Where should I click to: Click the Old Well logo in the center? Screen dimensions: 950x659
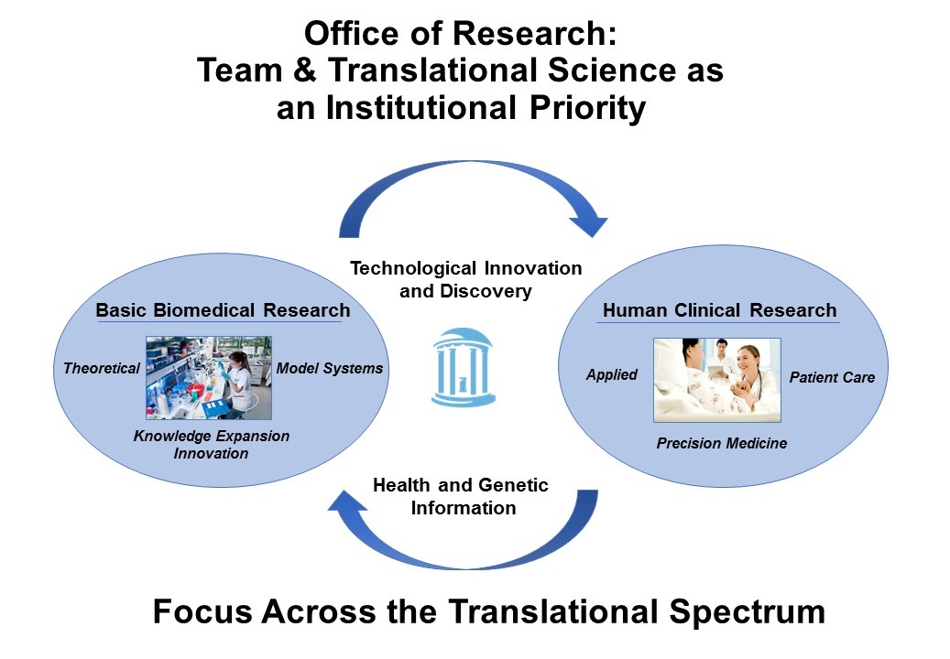click(464, 367)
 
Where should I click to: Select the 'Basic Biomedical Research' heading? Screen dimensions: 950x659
click(223, 310)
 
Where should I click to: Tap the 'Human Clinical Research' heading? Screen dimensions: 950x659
click(720, 310)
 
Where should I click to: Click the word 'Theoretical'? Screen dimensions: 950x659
click(102, 368)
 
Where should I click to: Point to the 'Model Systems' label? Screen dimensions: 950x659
click(330, 368)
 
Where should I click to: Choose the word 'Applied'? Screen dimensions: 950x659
click(612, 375)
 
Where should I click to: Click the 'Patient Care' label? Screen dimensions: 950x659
click(832, 377)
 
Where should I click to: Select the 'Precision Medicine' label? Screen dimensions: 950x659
click(722, 443)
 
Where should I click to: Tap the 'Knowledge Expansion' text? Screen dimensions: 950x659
click(212, 436)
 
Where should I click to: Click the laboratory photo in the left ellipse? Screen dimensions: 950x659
click(209, 378)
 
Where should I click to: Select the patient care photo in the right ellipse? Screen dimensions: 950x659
click(717, 380)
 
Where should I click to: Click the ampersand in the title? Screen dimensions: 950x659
click(305, 70)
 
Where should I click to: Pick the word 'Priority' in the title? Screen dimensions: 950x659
click(587, 108)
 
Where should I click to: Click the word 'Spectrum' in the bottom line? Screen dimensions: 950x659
click(747, 611)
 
